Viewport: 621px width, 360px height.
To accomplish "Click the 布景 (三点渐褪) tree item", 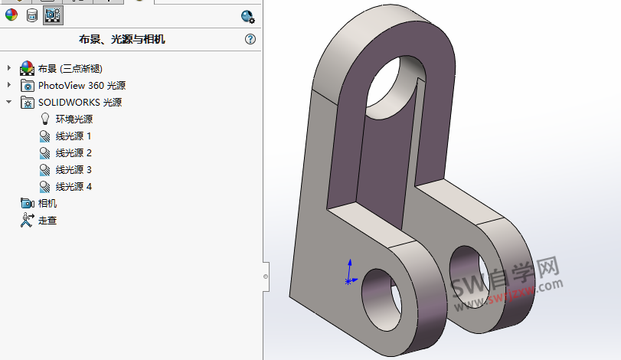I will pos(70,68).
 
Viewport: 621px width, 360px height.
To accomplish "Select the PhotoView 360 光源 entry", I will pos(81,85).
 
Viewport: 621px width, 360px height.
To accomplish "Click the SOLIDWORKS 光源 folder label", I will pos(80,102).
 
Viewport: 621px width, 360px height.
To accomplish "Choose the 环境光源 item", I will pos(74,119).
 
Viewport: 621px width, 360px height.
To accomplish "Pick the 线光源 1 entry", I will pos(74,136).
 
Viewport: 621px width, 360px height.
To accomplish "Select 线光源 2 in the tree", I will pos(74,152).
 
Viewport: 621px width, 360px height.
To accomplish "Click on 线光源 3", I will pos(74,169).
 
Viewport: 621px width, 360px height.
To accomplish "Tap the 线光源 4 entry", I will pos(74,186).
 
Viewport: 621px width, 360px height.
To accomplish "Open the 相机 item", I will pos(47,203).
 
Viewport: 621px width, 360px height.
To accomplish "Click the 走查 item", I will pos(47,220).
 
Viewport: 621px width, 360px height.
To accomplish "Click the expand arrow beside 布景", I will pos(9,68).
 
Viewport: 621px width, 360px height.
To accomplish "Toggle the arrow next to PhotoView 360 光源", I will pos(9,85).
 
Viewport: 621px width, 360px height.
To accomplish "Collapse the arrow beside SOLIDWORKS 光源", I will pos(9,102).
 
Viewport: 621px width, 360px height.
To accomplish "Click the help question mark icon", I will pos(250,39).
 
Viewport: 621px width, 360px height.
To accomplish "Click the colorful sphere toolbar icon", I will pos(11,15).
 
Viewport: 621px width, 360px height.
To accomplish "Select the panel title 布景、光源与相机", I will pos(122,39).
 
